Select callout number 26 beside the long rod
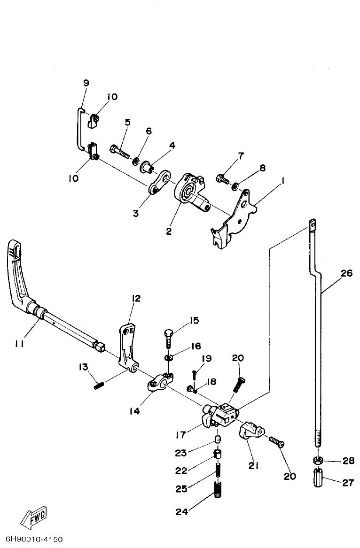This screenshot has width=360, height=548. (346, 273)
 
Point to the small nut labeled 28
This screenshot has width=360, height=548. (318, 460)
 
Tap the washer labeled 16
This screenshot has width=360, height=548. (169, 359)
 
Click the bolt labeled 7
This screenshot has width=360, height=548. (222, 178)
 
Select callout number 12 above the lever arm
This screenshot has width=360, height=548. (136, 298)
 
